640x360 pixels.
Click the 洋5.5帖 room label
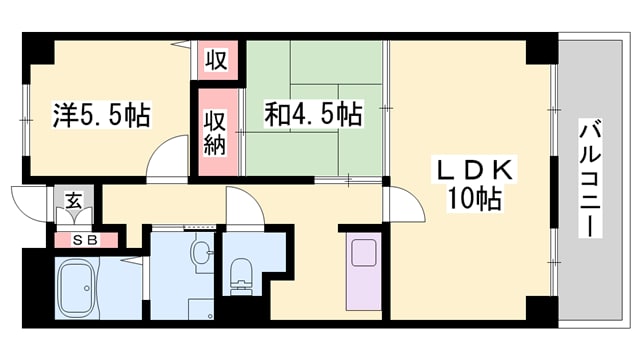click(x=100, y=116)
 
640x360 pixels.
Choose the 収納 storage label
click(x=217, y=133)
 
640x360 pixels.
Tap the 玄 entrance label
click(x=74, y=200)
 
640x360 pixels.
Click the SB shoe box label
click(x=84, y=239)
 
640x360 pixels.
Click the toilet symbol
click(x=241, y=272)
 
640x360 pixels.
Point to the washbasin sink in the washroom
click(x=202, y=254)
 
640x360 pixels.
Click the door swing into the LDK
click(x=400, y=205)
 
